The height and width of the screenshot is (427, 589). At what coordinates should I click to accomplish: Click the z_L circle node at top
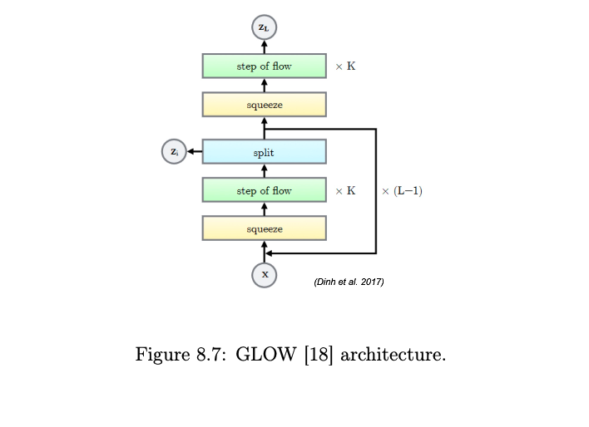pos(264,27)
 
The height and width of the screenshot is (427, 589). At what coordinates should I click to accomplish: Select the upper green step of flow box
pos(264,66)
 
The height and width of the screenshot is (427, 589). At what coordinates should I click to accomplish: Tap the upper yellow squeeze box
pos(264,105)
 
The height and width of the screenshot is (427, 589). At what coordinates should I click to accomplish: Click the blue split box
pos(264,152)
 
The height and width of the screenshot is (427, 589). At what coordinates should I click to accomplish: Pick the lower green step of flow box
pos(264,190)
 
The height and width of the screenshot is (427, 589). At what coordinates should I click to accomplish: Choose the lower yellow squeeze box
pos(264,228)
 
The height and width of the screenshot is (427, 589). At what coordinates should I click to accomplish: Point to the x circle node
pos(265,274)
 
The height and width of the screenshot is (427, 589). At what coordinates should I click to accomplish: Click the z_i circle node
pos(173,152)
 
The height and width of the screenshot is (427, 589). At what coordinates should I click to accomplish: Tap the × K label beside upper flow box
pos(345,66)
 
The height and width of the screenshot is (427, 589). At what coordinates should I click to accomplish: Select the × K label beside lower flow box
pos(345,190)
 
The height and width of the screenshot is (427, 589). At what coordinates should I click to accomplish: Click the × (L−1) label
pos(402,190)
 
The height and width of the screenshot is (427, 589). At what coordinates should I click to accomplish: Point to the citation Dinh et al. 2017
pos(349,282)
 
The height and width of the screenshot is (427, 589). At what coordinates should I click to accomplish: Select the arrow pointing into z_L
pos(264,46)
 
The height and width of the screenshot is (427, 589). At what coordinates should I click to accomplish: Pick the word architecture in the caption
pos(393,356)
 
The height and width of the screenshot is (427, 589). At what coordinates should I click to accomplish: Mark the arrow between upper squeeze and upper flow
pos(264,86)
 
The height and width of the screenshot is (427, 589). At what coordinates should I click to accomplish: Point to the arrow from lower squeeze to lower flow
pos(264,209)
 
